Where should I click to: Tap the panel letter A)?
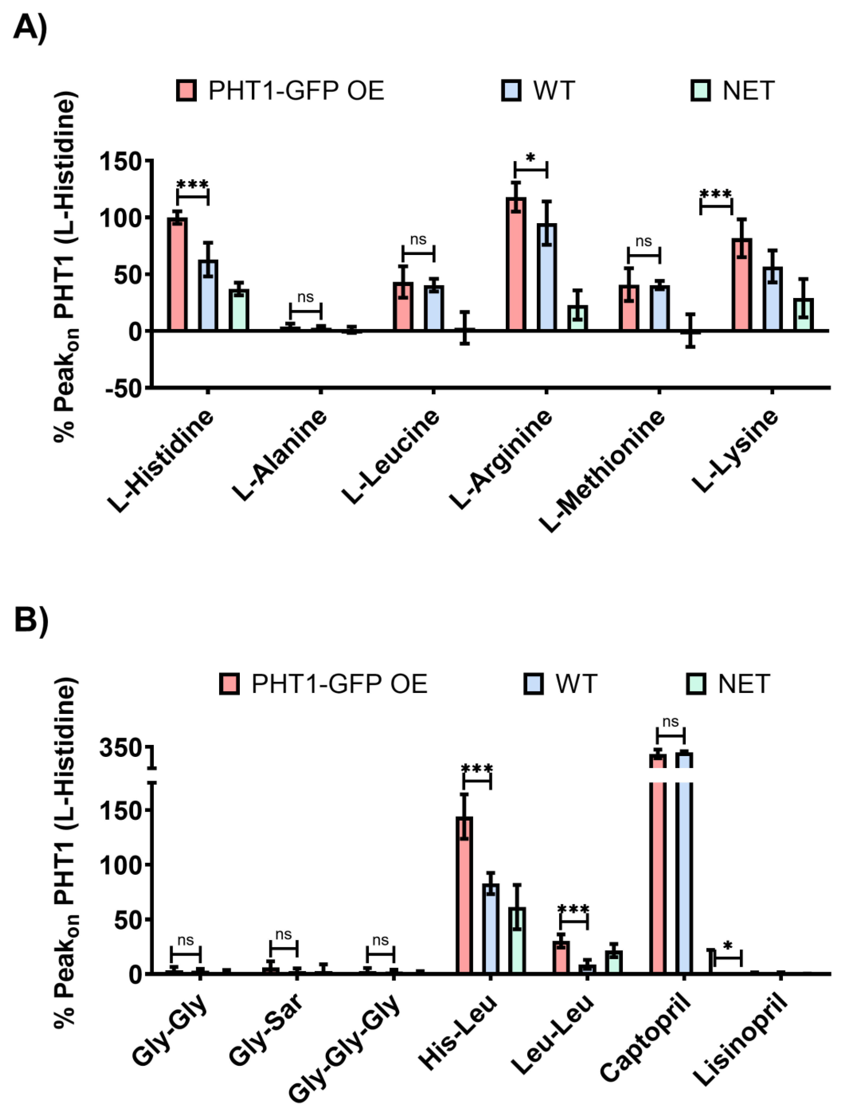[x=30, y=28]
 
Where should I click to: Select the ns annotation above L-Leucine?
[x=418, y=240]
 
